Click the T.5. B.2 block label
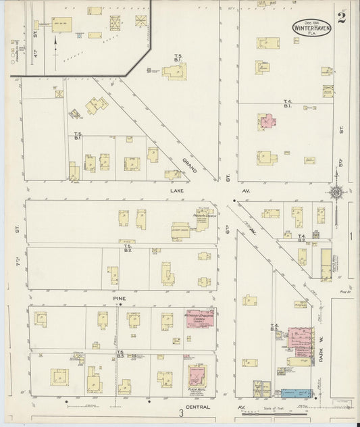(127, 249)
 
